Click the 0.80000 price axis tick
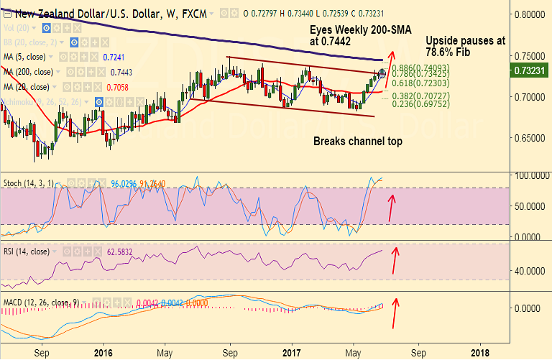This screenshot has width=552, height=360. (x=532, y=14)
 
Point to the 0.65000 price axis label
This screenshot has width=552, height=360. (x=532, y=137)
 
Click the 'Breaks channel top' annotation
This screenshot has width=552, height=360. (x=357, y=142)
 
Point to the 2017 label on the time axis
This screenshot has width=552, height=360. (x=292, y=353)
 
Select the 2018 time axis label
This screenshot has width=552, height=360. (x=480, y=353)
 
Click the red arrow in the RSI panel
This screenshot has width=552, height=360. (x=393, y=260)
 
